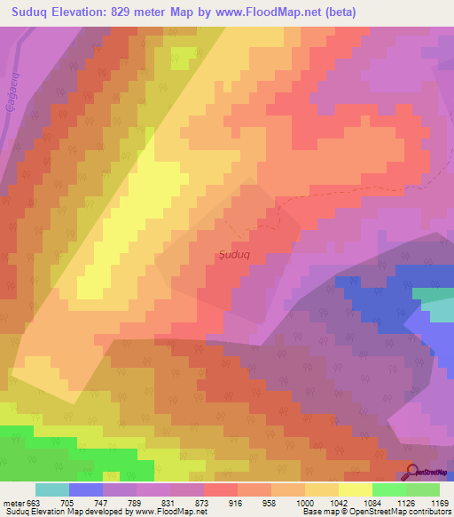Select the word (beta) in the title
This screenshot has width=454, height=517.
pyautogui.click(x=374, y=11)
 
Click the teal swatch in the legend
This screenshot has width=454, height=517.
pyautogui.click(x=52, y=489)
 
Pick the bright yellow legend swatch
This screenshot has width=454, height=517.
pyautogui.click(x=356, y=489)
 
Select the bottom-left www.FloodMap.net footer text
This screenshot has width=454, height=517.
pyautogui.click(x=171, y=512)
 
